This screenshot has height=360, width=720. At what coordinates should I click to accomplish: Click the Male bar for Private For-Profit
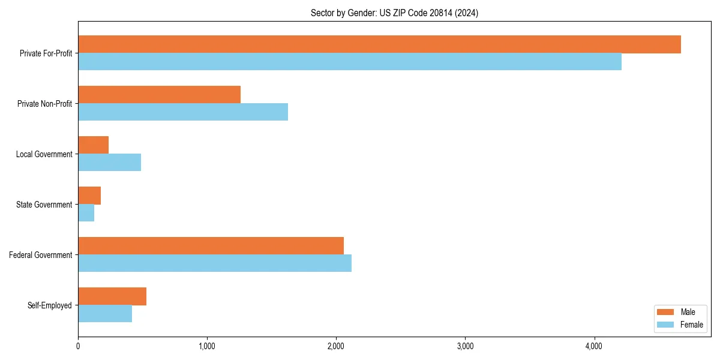379,44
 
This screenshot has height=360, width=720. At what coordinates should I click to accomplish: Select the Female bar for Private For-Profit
350,62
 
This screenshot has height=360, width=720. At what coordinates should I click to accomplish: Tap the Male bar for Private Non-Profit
159,95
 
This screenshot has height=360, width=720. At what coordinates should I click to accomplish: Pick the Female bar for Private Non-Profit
183,112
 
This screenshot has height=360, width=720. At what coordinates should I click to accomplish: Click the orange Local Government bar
93,145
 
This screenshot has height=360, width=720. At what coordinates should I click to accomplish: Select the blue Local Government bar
109,163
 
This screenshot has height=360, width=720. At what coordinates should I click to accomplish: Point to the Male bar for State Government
89,196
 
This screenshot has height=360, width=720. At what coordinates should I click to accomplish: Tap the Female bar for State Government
86,213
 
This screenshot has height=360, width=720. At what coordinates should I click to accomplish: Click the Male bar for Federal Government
211,246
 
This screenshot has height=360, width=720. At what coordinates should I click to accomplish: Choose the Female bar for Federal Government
215,263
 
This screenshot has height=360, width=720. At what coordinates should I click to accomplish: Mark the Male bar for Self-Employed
112,296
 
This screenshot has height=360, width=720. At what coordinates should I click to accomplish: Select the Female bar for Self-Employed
105,314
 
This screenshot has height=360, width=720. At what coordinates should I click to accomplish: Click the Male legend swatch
666,312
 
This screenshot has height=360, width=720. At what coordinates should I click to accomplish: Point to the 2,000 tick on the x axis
336,346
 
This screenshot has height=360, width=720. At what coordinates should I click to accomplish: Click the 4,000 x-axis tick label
594,346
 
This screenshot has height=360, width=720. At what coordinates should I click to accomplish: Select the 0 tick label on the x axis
78,346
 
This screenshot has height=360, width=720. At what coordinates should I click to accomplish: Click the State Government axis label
44,205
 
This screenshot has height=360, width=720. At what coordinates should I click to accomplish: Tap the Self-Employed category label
50,305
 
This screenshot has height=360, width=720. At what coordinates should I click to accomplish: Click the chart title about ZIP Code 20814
394,13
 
